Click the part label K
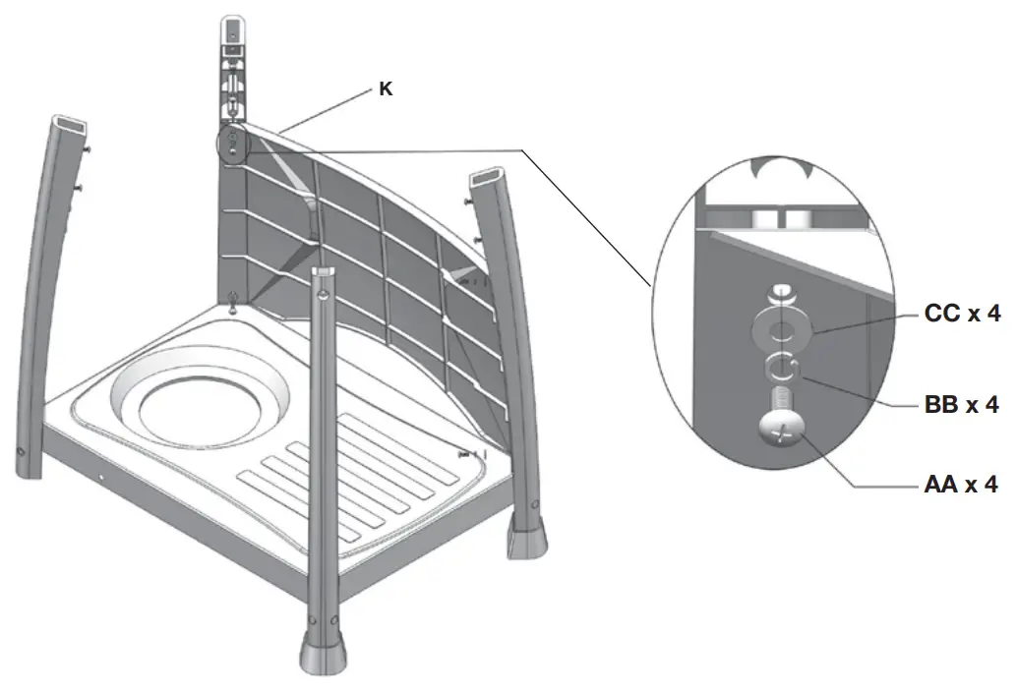click(x=387, y=88)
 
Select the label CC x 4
click(x=961, y=315)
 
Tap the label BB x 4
click(x=961, y=403)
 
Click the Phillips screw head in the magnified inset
click(x=782, y=429)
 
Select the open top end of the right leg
click(x=488, y=180)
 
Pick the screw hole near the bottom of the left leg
click(x=21, y=452)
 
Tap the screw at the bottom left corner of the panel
click(x=232, y=301)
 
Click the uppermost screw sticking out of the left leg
click(x=89, y=147)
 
